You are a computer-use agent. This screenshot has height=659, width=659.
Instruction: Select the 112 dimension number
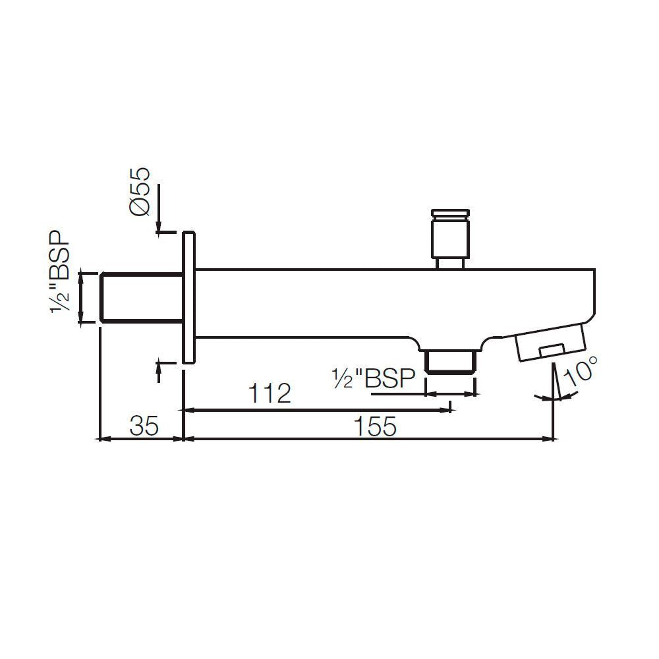[270, 394]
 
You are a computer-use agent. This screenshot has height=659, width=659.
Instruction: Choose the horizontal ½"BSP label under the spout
[373, 378]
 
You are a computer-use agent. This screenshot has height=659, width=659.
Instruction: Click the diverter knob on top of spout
[451, 237]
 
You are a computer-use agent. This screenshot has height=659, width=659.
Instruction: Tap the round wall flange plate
[188, 297]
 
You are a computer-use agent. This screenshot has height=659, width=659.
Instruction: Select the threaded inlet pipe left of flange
[140, 297]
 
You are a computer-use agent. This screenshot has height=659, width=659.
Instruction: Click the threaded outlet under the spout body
[451, 362]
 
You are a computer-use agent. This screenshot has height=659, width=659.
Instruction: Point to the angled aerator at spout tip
[551, 341]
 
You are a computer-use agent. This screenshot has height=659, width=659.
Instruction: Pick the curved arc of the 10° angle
[558, 396]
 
